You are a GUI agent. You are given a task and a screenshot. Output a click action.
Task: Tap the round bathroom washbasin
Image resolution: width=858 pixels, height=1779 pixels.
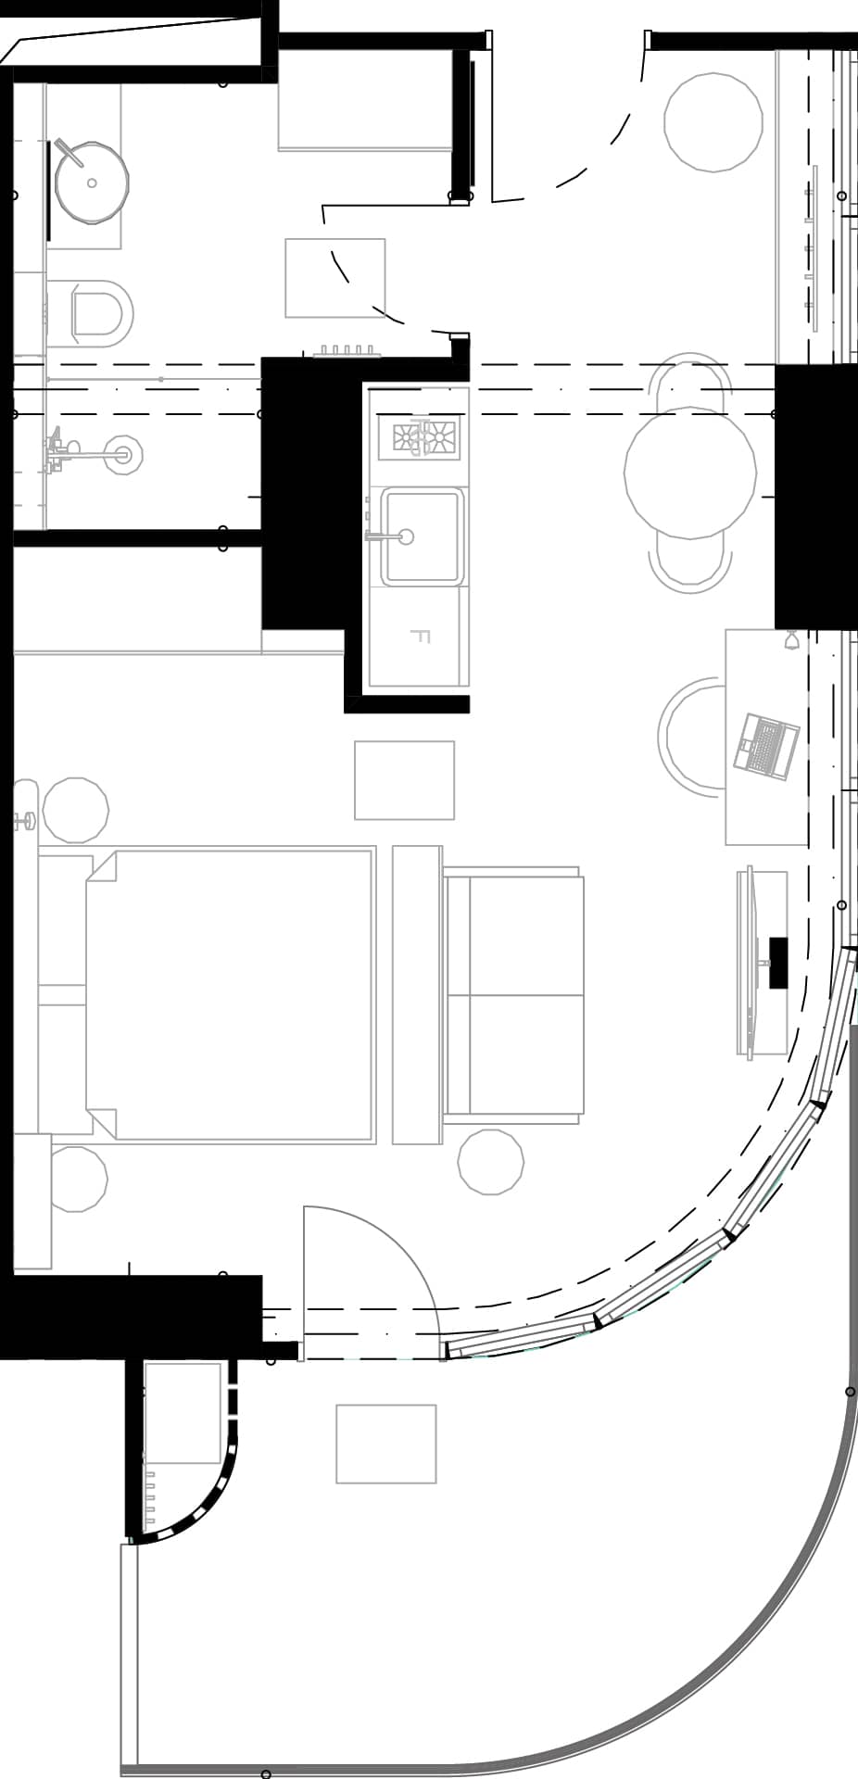(x=91, y=183)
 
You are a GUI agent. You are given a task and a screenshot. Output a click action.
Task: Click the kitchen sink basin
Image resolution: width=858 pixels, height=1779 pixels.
(x=422, y=536)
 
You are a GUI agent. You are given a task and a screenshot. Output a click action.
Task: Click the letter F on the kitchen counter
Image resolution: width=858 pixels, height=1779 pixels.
(x=421, y=637)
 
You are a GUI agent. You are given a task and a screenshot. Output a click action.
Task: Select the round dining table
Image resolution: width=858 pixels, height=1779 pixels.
(x=690, y=473)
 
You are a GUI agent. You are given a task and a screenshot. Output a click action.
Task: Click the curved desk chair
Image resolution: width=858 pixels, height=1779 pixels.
(x=690, y=737)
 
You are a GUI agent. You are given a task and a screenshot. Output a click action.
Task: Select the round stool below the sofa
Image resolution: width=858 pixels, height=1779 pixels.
(x=491, y=1162)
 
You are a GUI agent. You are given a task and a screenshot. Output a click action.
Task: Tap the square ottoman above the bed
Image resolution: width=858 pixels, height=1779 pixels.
(x=404, y=780)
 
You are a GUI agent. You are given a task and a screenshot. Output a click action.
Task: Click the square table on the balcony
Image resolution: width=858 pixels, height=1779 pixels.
(x=385, y=1444)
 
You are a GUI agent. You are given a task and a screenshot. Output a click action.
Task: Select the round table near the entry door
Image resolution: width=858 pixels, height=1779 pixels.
(x=713, y=122)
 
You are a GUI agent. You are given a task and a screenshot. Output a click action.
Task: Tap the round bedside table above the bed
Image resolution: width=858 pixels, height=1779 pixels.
(x=75, y=810)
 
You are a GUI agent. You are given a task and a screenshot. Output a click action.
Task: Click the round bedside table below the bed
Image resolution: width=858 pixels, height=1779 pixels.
(x=77, y=1179)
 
